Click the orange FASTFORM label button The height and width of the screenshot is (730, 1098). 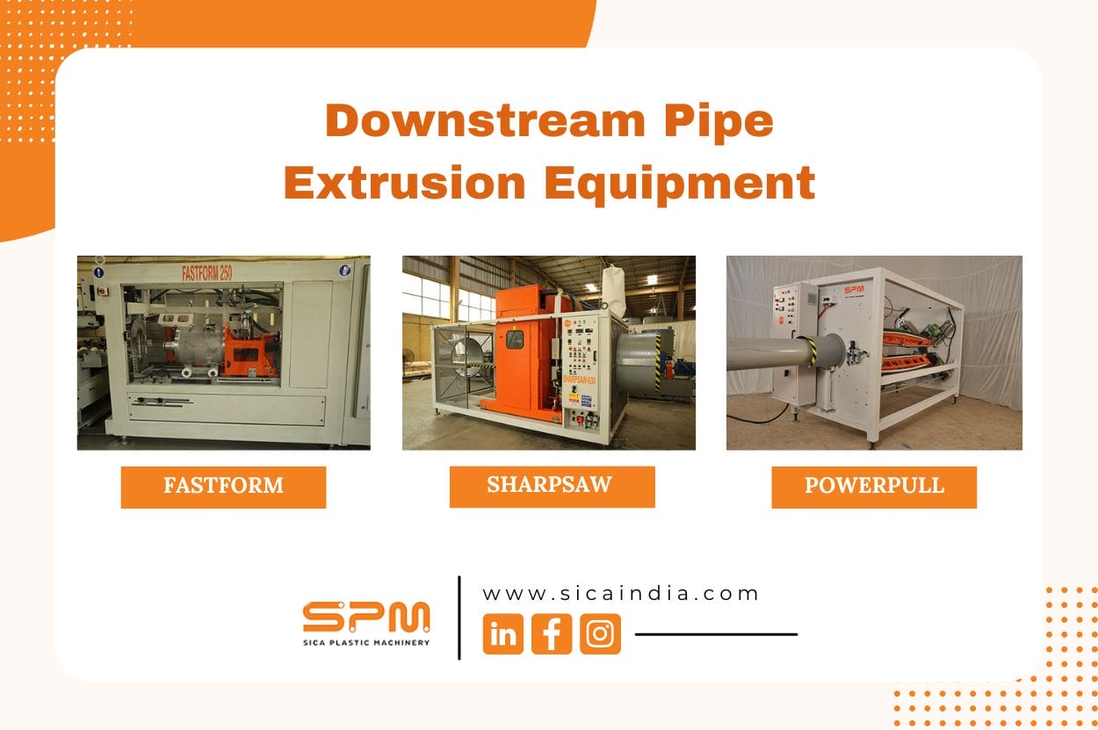[x=223, y=487]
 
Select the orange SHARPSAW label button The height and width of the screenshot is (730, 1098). [x=552, y=486]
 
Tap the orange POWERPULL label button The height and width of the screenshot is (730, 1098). [x=874, y=487]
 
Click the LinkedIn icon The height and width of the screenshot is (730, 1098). [x=503, y=634]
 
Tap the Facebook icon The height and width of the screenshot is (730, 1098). [x=552, y=634]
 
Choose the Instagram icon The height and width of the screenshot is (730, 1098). [x=600, y=634]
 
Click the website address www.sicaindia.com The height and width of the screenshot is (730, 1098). [x=621, y=594]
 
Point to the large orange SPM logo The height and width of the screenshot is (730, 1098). [x=366, y=618]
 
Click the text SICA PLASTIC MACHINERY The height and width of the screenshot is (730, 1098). [x=366, y=643]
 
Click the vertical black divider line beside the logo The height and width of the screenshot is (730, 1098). [x=459, y=618]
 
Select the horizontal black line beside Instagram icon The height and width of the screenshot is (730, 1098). [x=716, y=633]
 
